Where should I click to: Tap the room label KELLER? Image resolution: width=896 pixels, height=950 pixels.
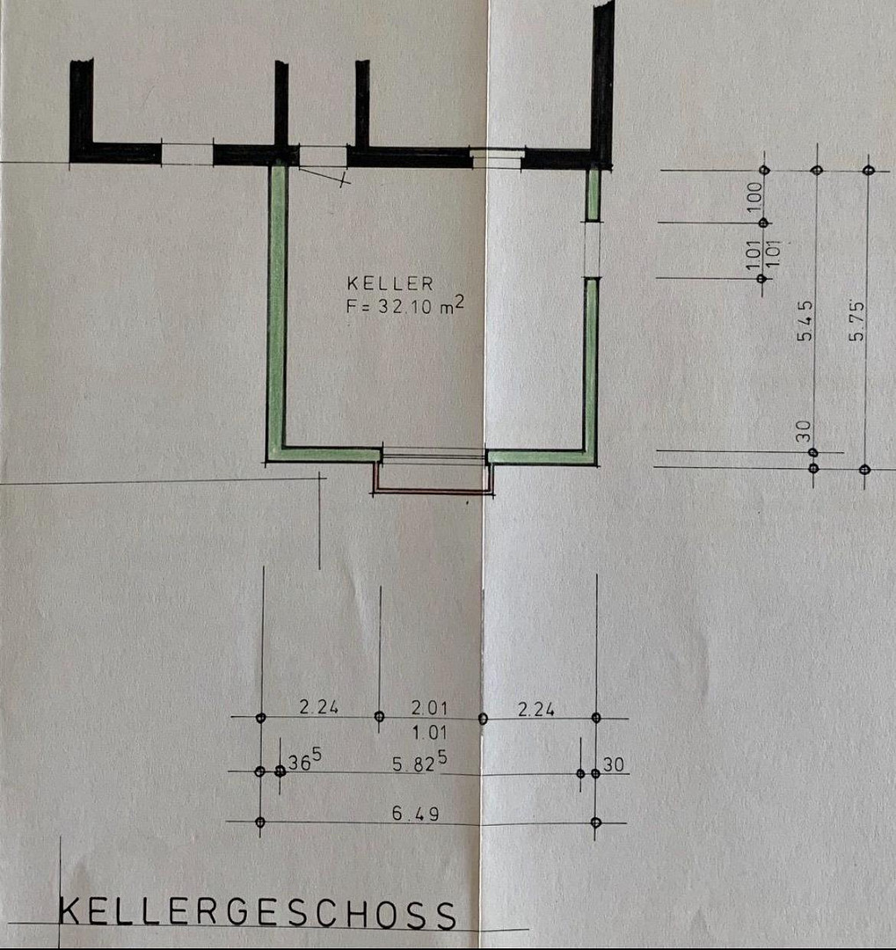(390, 283)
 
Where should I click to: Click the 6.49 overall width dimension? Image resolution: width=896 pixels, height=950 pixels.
(416, 813)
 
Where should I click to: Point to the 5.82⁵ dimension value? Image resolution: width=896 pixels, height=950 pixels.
(419, 762)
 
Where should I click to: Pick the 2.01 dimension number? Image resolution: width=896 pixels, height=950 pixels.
(429, 707)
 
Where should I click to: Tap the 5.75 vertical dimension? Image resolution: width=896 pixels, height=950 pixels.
(856, 320)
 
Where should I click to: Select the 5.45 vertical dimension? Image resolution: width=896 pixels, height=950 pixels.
(805, 321)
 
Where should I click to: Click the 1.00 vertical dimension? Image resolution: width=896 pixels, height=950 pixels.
(754, 197)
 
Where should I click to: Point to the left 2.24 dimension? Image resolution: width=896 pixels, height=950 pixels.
(318, 706)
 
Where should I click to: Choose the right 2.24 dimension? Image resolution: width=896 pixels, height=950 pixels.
(535, 709)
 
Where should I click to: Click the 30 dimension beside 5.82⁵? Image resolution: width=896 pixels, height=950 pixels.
(613, 764)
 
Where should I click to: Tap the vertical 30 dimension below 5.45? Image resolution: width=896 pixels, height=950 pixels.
(804, 431)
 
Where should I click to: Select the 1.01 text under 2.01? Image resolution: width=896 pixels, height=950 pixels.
(429, 733)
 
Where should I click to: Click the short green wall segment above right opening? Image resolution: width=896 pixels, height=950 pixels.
(593, 194)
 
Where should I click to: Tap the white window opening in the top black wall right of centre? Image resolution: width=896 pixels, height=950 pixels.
(496, 158)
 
